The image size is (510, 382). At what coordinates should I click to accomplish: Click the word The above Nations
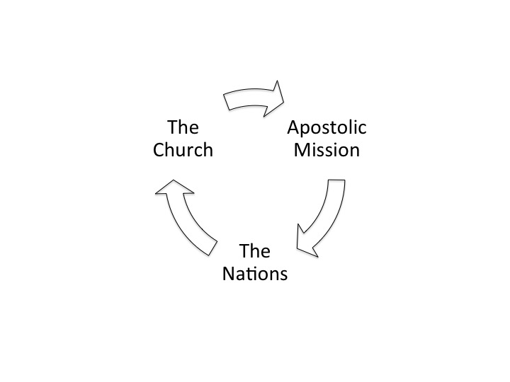pos(254,250)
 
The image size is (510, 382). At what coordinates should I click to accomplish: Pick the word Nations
pos(255,273)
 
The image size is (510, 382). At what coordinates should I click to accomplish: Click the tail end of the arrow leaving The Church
pos(227,102)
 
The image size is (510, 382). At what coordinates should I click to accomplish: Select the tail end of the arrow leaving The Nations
pos(210,244)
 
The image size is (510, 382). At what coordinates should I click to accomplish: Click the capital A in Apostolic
pos(293,129)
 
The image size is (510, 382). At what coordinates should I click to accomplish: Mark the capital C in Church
pos(159,150)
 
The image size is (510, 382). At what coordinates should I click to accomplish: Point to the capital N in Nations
pos(229,273)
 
